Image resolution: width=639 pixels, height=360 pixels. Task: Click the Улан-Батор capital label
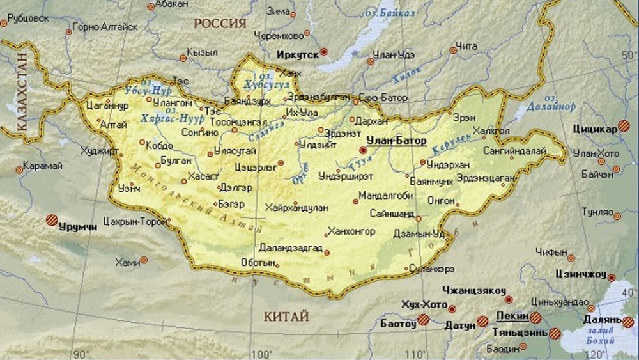tap(396, 141)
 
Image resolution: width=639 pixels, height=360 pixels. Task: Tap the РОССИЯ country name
tap(220, 24)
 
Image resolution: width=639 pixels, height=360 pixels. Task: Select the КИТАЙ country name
tap(286, 317)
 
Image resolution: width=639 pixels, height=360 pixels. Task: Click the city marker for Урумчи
tap(50, 219)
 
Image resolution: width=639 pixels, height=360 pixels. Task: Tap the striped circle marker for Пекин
tap(535, 317)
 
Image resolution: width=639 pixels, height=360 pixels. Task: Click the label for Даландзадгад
tap(291, 247)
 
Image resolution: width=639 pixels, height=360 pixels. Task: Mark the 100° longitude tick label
tap(260, 354)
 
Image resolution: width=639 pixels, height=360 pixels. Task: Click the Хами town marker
tap(144, 260)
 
